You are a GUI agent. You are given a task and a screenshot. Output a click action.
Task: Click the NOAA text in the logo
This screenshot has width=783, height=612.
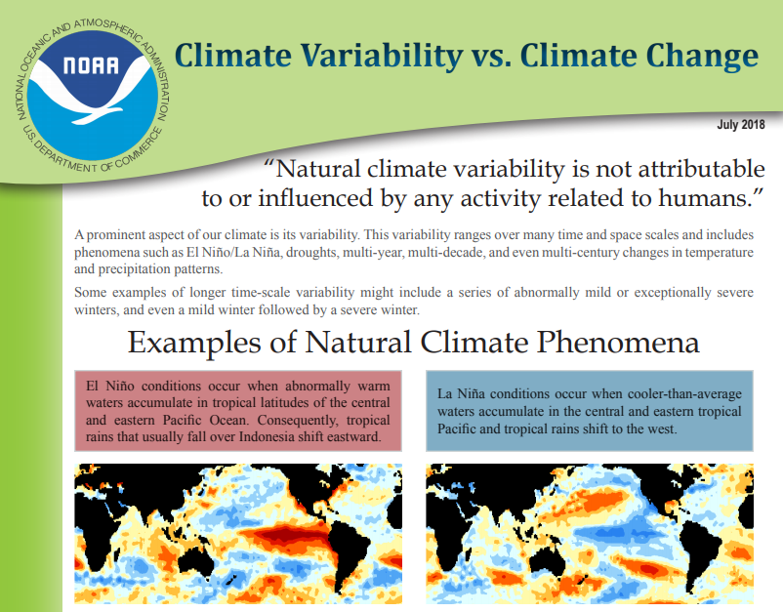[92, 65]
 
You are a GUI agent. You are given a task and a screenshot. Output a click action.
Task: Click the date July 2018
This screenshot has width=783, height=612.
[741, 124]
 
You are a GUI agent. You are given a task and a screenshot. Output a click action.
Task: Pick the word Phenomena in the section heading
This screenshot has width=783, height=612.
[618, 343]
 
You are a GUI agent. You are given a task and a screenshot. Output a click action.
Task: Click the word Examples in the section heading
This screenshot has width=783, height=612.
[194, 344]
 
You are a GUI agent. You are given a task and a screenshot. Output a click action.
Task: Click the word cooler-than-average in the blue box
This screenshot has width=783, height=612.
[684, 394]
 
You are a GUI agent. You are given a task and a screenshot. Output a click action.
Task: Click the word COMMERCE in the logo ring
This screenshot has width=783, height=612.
[139, 149]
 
